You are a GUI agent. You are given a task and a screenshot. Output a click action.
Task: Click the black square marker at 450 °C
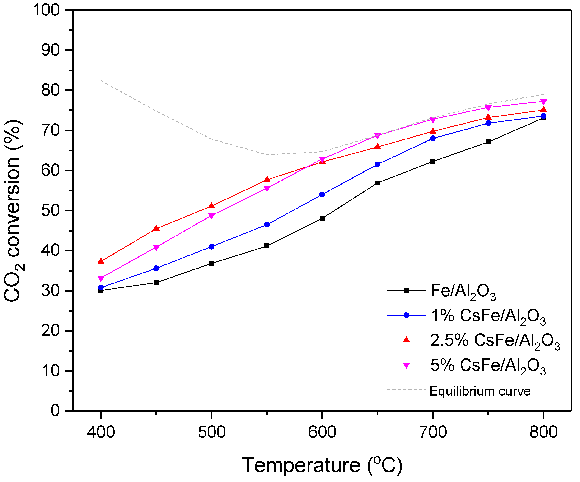pos(156,283)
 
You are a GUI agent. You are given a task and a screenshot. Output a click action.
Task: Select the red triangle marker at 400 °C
pos(101,261)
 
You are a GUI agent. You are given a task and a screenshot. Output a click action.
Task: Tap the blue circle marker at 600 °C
pos(322,195)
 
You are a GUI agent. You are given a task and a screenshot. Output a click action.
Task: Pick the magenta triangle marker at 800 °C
pos(543,102)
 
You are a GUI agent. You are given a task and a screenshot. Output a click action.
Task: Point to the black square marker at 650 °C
pos(378,183)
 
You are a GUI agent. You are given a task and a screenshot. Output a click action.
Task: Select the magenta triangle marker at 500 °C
pos(211,216)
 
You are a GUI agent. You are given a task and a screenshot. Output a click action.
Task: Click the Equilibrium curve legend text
pos(480,391)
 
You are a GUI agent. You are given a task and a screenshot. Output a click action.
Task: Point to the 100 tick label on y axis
pos(47,10)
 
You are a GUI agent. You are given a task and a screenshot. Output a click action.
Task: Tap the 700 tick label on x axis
pos(433,433)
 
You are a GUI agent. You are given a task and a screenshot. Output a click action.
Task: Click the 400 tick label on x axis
pos(101,433)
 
